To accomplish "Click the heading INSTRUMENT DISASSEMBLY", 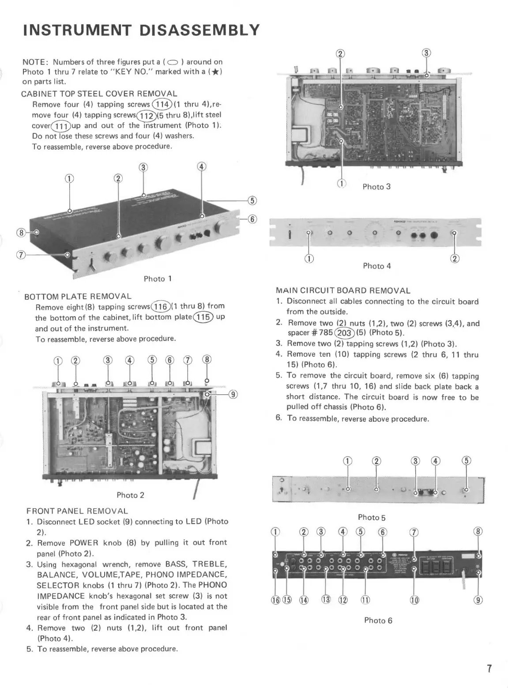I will pos(141,30).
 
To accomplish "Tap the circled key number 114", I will pos(162,105).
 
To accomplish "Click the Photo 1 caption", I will pos(158,279).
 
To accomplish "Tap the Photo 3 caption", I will pos(376,187).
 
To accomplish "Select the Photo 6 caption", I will pos(378,620).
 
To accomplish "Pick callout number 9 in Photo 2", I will pos(234,395).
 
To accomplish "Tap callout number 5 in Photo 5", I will pos(466,461).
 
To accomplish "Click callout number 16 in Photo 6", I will pos(275,600).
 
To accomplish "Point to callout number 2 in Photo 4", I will pos(455,259).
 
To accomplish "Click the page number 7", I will pos(489,669).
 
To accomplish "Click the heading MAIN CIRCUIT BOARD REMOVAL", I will pos(343,291).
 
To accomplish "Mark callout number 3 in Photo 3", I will pos(426,54).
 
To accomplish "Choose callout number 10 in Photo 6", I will pos(415,600).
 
